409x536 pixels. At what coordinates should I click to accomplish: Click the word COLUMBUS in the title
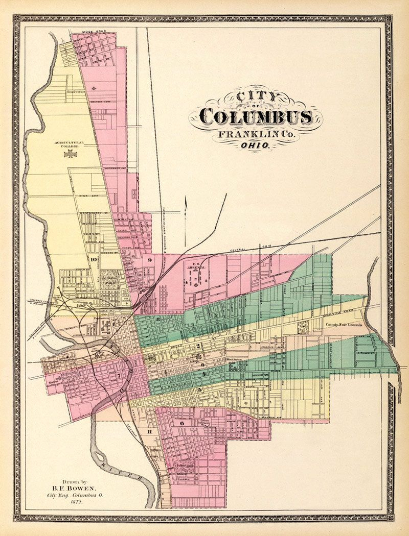point(256,117)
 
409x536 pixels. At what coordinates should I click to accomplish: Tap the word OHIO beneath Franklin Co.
point(255,145)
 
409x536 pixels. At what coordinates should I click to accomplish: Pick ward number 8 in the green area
point(158,320)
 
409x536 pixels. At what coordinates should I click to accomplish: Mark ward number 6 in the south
point(181,423)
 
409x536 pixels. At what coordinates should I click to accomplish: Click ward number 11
point(149,432)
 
